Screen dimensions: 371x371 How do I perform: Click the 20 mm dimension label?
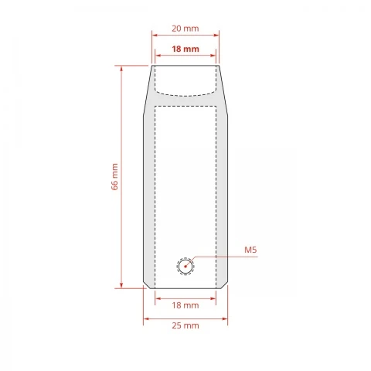point(185,29)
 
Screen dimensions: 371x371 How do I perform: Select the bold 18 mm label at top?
point(185,49)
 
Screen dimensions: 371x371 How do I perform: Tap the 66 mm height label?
point(114,177)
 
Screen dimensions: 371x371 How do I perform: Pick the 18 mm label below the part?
point(185,305)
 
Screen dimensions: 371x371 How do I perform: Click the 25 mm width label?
point(185,325)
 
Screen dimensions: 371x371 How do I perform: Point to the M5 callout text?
point(250,250)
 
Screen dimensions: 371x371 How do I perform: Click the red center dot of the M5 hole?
point(185,267)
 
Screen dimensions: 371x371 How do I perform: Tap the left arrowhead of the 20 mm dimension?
point(155,35)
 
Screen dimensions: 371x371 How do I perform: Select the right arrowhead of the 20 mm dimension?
point(216,35)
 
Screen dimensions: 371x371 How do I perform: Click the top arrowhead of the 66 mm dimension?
point(121,68)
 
